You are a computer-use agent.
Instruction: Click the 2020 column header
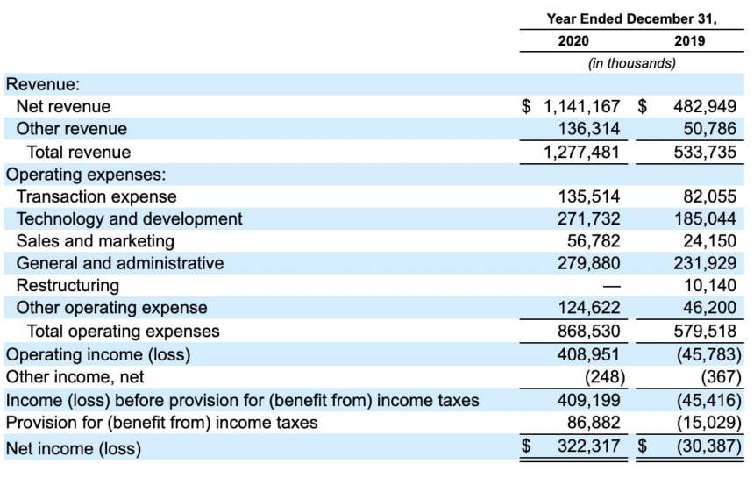coord(573,40)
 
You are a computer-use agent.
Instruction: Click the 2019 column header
coord(689,40)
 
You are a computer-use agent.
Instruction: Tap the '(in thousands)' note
coord(631,63)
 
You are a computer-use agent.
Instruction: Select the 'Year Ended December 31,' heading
coord(631,18)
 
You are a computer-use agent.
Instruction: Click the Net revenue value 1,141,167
coord(581,106)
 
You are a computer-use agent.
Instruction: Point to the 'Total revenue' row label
coord(79,152)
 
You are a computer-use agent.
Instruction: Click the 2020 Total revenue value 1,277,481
coord(581,152)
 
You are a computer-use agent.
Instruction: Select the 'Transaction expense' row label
coord(96,196)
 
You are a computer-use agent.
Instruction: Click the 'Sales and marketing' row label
coord(96,240)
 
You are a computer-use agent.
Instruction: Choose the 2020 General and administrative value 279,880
coord(589,262)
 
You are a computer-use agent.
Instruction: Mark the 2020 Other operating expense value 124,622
coord(589,308)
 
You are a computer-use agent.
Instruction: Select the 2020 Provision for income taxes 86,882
coord(594,423)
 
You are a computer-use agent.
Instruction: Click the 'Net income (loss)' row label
coord(74,448)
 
